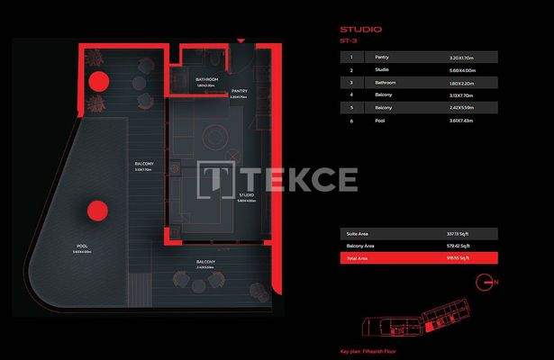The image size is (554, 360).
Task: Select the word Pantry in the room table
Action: pyautogui.click(x=383, y=56)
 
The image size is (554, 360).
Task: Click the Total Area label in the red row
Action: pyautogui.click(x=358, y=258)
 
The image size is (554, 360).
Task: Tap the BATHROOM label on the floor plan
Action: pyautogui.click(x=207, y=79)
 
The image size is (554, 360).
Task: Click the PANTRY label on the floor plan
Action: pyautogui.click(x=239, y=91)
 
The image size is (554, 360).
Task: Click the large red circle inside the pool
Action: pyautogui.click(x=94, y=211)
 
